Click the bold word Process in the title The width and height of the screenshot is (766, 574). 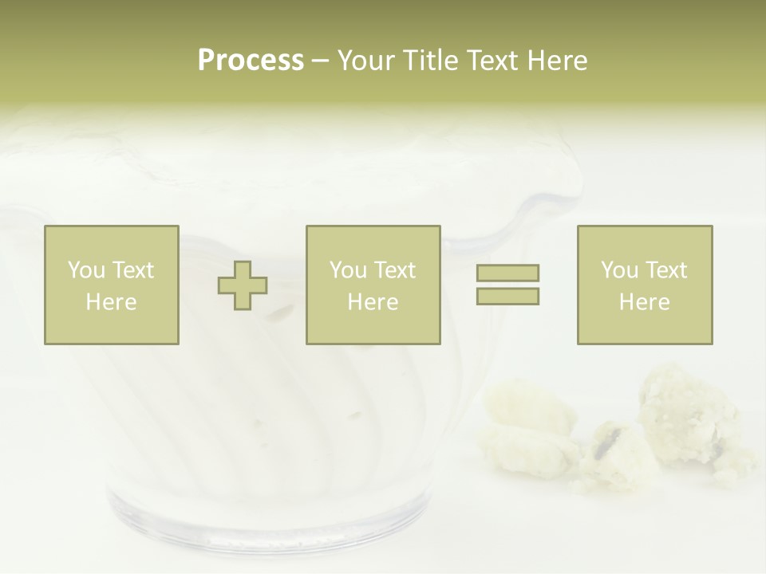pos(251,61)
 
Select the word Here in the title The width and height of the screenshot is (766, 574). pos(556,61)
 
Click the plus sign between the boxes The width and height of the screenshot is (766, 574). pos(243,285)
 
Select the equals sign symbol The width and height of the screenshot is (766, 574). pos(507,285)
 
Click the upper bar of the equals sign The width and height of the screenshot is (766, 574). pos(507,273)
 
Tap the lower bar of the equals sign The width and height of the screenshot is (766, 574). pos(507,296)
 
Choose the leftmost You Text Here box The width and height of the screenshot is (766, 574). pos(112,285)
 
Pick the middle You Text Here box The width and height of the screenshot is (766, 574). pos(373,285)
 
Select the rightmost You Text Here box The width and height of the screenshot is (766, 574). pos(645,285)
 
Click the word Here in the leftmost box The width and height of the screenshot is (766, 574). pos(112,302)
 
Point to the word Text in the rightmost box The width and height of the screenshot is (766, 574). pos(665,270)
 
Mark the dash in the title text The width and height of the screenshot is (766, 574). pos(321,61)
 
